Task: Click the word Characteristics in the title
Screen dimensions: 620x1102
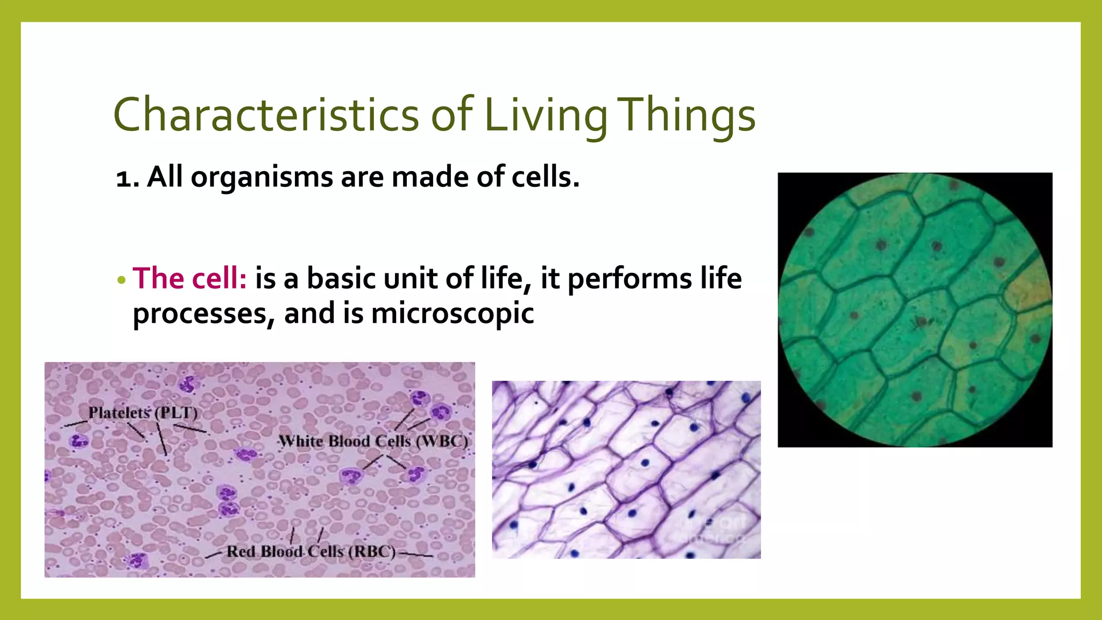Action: pos(265,115)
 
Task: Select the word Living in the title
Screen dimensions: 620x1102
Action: pos(546,115)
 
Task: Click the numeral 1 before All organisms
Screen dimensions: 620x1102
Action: pos(123,178)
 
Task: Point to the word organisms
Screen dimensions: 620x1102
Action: pos(262,177)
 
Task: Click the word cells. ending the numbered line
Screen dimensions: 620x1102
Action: pos(545,177)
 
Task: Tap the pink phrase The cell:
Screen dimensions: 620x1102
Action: pos(189,279)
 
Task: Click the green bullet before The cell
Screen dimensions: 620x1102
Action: pos(121,280)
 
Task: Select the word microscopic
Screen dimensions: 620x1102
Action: pos(453,313)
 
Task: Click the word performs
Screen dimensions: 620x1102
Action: pos(630,279)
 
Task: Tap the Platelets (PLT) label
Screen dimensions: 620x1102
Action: pos(143,413)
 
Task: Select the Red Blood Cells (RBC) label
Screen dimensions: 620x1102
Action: pos(311,552)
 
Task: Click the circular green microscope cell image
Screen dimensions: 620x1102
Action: pos(915,309)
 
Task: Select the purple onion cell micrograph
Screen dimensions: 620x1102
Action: pos(626,469)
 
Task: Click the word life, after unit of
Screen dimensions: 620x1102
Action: pos(501,279)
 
